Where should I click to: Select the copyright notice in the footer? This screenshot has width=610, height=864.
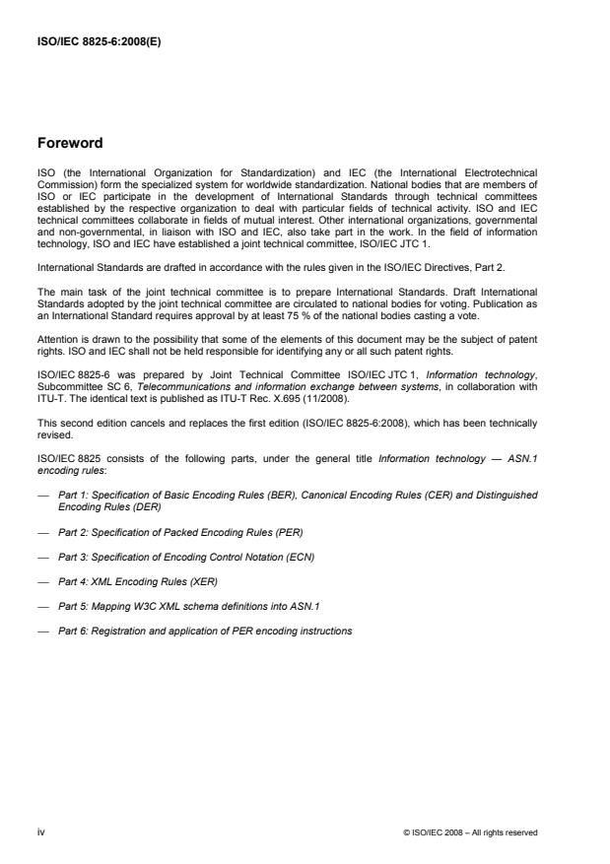470,832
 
